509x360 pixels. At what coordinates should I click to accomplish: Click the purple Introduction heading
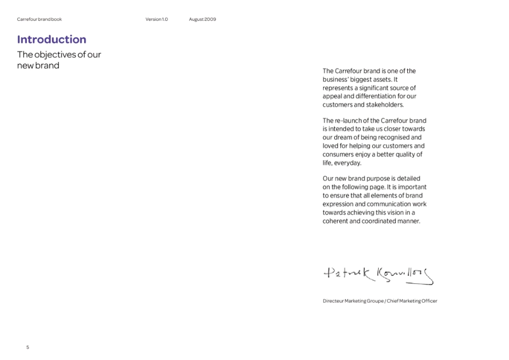point(51,39)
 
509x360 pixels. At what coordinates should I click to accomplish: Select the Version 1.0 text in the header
point(156,19)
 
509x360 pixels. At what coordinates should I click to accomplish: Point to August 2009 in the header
point(203,19)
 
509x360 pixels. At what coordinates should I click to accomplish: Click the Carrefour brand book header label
point(39,19)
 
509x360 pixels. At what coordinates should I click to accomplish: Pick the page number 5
point(28,347)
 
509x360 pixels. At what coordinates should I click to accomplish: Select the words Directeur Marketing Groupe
point(353,301)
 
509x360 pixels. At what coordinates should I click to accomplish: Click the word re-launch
point(352,121)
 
